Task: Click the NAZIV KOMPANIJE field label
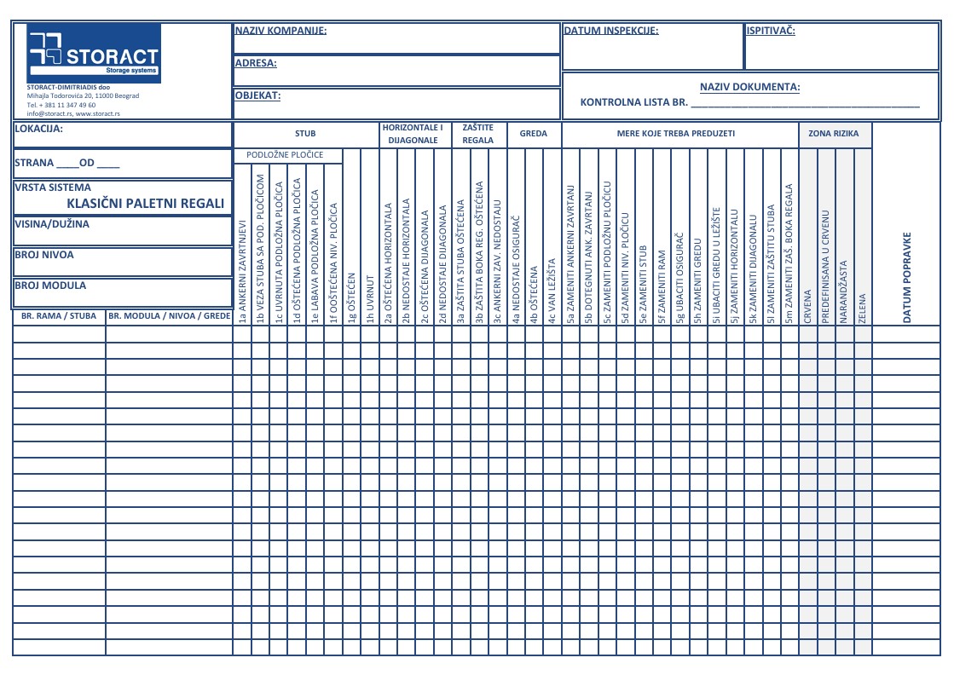click(280, 31)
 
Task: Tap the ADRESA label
click(255, 63)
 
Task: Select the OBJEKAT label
click(257, 96)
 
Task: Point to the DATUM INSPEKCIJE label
click(610, 31)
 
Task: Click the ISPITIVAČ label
click(771, 31)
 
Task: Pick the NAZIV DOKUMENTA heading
click(749, 87)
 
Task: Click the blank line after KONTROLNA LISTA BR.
click(805, 103)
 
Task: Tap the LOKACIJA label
click(39, 130)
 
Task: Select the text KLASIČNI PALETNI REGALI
click(146, 204)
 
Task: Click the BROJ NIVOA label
click(44, 255)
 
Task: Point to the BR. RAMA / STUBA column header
click(59, 316)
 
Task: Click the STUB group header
click(305, 134)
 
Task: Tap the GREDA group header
click(534, 134)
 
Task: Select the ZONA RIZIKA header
click(834, 134)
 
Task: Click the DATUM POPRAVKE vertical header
click(907, 277)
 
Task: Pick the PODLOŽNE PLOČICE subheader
click(285, 155)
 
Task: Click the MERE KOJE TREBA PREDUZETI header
click(676, 134)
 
